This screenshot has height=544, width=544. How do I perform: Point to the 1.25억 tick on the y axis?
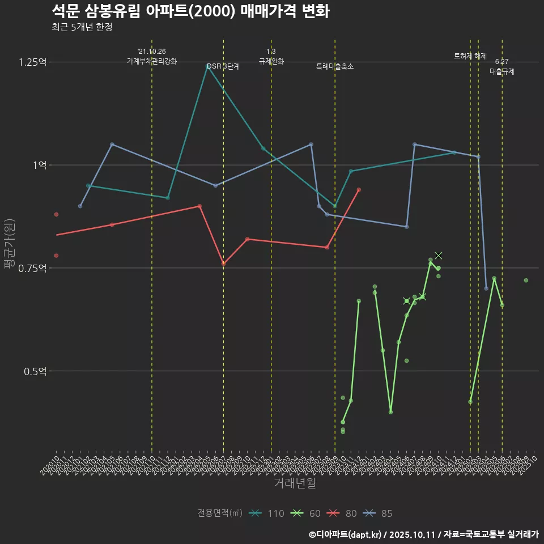click(x=33, y=62)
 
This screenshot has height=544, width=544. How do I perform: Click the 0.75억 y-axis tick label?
click(x=33, y=268)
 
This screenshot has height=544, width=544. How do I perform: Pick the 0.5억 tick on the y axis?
click(x=35, y=371)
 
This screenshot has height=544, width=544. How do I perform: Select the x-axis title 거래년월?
click(x=295, y=483)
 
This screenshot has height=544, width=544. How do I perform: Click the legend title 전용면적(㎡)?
click(x=220, y=513)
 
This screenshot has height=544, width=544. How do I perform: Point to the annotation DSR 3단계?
click(x=223, y=66)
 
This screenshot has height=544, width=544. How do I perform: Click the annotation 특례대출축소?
click(x=334, y=66)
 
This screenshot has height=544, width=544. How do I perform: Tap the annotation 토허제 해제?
click(x=470, y=56)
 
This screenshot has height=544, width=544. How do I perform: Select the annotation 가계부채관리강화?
click(x=151, y=61)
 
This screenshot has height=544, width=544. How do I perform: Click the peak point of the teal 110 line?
click(x=207, y=66)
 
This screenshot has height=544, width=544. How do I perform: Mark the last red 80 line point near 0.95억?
click(x=359, y=190)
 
